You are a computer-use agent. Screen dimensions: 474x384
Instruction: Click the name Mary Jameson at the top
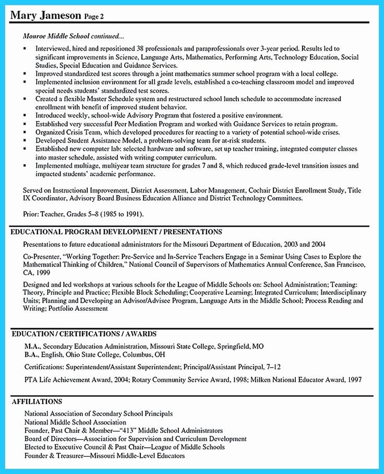click(45, 16)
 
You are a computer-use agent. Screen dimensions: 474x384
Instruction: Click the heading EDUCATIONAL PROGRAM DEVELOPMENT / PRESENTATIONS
click(116, 232)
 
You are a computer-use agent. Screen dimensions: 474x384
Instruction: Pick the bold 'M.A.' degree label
click(32, 346)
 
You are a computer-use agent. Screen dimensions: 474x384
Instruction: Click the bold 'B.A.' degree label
click(31, 355)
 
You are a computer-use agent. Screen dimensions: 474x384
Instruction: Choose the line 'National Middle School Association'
click(75, 422)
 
